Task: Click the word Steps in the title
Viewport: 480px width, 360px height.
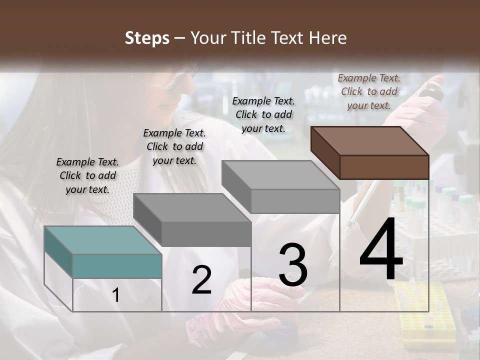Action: coord(147,38)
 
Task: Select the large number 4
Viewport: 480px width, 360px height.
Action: coord(381,250)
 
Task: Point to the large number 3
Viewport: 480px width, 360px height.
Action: coord(293,265)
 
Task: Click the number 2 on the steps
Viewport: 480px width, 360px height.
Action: coord(201,280)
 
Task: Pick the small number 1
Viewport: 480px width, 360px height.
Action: coord(116,295)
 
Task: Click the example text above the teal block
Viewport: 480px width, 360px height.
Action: coord(87,175)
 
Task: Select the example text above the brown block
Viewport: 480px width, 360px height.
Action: coord(369,91)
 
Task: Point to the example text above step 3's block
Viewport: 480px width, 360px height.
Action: coord(263,114)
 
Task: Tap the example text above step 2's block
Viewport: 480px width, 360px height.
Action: coord(174,146)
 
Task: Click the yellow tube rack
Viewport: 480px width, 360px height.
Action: coord(425,315)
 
